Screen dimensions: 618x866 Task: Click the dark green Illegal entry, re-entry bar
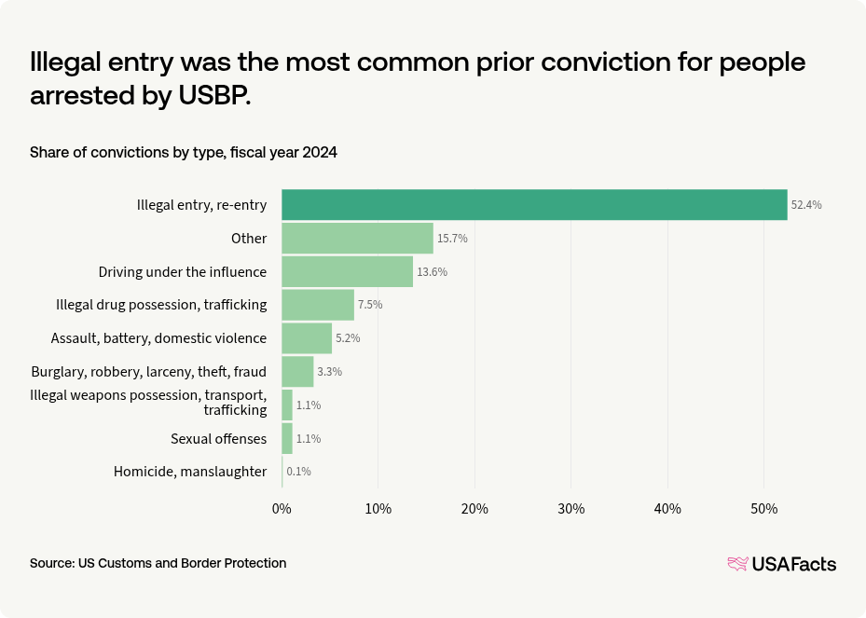[x=534, y=205]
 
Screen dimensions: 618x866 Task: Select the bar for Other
[x=357, y=239]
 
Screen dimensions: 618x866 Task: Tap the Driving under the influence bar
[x=347, y=271]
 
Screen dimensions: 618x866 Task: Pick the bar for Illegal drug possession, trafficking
[x=318, y=305]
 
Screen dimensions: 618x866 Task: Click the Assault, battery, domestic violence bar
[x=307, y=338]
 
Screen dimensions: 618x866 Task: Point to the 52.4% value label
[x=806, y=205]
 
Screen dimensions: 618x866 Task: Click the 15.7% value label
[x=452, y=239]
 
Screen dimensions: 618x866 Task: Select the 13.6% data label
[x=432, y=272]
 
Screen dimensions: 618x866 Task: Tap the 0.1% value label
[x=298, y=472]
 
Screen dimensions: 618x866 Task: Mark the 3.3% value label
[x=329, y=372]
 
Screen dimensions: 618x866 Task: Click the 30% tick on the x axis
[x=570, y=509]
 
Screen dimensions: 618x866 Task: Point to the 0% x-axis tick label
[x=282, y=509]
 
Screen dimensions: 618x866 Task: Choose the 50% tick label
[x=763, y=509]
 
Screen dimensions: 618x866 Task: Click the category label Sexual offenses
[x=218, y=438]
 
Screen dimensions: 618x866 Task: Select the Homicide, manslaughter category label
[x=190, y=472]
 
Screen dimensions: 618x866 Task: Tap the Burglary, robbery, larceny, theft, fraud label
[x=149, y=372]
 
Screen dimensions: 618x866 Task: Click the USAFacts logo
[x=781, y=564]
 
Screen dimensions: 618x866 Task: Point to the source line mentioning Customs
[x=158, y=563]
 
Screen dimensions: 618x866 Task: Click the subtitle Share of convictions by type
[x=183, y=152]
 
